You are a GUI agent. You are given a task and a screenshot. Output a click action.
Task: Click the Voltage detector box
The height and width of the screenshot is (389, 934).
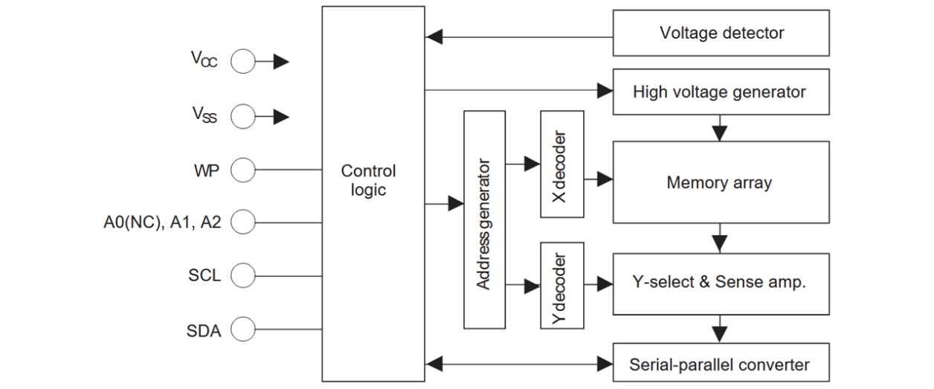click(x=721, y=33)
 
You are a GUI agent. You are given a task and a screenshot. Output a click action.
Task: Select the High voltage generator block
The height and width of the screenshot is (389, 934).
click(x=721, y=92)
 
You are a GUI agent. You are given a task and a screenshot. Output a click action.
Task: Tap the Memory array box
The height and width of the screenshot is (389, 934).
click(x=721, y=182)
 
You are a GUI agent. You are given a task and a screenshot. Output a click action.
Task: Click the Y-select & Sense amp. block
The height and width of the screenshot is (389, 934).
click(x=721, y=283)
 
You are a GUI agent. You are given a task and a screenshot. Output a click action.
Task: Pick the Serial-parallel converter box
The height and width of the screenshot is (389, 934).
click(x=721, y=364)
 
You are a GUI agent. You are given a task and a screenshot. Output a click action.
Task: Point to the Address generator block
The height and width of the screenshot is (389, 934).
click(x=484, y=219)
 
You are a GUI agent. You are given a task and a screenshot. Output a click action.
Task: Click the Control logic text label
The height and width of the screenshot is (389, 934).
click(x=368, y=180)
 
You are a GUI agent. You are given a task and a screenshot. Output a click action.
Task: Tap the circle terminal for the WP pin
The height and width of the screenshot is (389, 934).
click(x=242, y=171)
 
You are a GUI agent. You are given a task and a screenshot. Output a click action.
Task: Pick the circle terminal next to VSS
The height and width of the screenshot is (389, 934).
click(x=242, y=117)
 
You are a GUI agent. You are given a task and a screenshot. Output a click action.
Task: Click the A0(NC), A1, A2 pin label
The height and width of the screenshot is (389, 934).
click(x=162, y=222)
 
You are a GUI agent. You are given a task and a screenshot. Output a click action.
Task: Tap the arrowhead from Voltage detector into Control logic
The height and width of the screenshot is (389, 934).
click(x=434, y=35)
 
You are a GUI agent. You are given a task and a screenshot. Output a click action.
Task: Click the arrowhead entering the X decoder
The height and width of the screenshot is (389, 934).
click(x=532, y=163)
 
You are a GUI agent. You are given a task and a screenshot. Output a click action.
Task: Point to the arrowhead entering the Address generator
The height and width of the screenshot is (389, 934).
click(x=456, y=203)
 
